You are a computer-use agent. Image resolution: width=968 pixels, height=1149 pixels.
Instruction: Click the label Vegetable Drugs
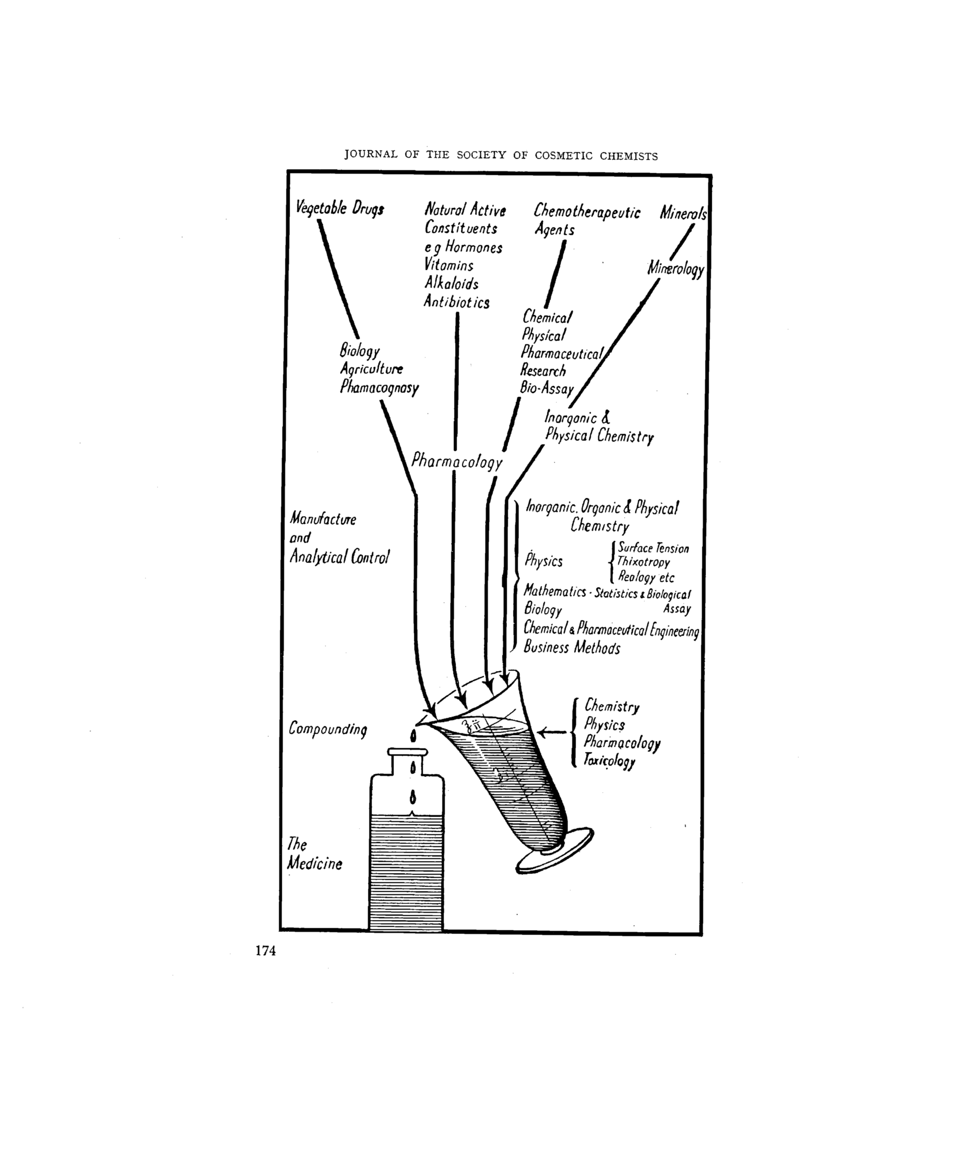[340, 209]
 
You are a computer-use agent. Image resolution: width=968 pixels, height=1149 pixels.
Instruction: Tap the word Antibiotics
[457, 302]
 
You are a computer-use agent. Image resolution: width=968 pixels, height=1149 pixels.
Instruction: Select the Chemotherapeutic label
[587, 212]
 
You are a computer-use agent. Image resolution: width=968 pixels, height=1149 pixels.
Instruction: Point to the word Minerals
[683, 213]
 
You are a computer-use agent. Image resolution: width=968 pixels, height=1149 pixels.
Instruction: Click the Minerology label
[676, 269]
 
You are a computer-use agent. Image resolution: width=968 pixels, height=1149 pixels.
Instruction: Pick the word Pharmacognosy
[379, 388]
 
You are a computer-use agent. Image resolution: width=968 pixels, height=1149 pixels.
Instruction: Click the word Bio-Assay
[546, 389]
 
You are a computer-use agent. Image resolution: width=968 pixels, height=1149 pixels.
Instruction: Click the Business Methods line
[572, 648]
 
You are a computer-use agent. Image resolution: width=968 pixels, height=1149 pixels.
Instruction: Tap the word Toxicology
[609, 761]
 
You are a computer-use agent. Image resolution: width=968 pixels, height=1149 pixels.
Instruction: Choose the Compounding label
[328, 729]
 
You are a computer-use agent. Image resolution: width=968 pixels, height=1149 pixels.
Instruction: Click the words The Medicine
[315, 854]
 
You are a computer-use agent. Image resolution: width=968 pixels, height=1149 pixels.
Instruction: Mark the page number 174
[266, 951]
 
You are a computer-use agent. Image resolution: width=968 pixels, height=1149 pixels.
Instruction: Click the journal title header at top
[500, 155]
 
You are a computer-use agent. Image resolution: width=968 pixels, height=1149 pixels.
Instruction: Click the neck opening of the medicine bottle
[407, 752]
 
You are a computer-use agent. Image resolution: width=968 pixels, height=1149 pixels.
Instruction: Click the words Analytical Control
[339, 557]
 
